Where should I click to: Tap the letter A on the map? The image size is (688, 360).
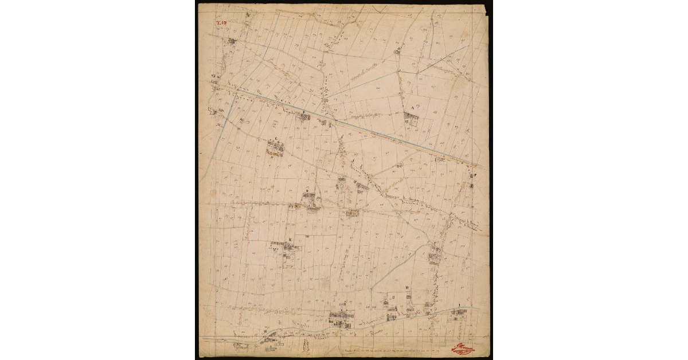[x=412, y=107]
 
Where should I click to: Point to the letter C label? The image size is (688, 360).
[x=276, y=139]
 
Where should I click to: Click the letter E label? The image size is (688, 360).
[x=290, y=238]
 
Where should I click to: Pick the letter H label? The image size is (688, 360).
[x=406, y=288]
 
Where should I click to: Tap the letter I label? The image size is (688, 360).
[x=459, y=305]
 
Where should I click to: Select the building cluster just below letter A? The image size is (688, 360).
[x=411, y=119]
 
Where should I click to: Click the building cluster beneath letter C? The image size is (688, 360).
[x=276, y=148]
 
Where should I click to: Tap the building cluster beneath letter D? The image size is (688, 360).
[x=310, y=201]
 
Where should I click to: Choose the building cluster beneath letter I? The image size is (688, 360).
[x=458, y=312]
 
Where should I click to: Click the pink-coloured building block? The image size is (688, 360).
[x=353, y=213]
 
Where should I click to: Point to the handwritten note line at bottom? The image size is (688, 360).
[x=396, y=349]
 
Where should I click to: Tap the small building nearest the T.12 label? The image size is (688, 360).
[x=232, y=41]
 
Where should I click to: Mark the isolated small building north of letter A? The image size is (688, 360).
[x=396, y=52]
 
